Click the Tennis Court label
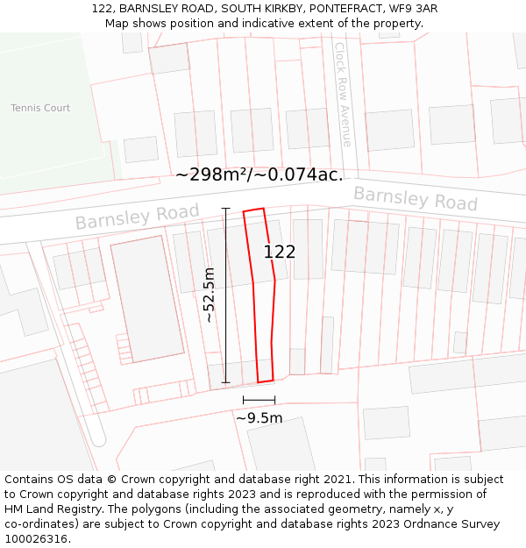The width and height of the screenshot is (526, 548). pos(40,108)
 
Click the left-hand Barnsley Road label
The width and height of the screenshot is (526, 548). pos(124,215)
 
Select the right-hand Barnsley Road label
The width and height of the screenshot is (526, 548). pos(415,198)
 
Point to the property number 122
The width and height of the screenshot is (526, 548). pos(280,252)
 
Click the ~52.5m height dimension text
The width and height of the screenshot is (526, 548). pos(209,295)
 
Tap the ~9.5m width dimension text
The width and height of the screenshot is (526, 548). pos(259,418)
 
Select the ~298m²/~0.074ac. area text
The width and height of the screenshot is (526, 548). pos(259,174)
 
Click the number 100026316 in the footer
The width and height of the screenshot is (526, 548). pos(35,539)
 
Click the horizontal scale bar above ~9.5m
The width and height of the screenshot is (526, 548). pos(259,400)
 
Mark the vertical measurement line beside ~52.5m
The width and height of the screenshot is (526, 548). pos(225,295)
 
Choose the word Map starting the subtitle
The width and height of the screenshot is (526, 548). pos(117,23)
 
